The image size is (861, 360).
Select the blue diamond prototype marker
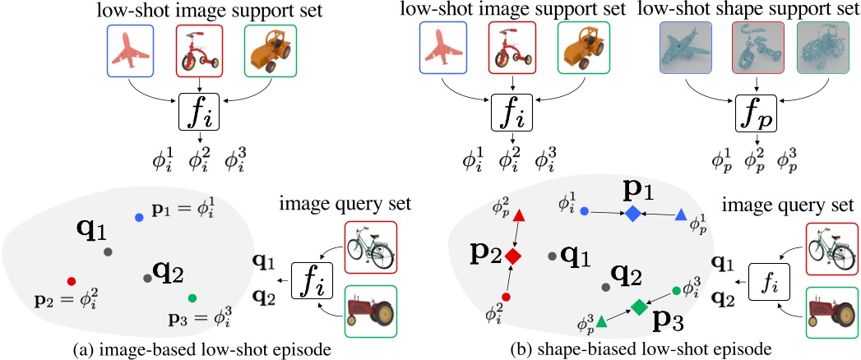(632, 213)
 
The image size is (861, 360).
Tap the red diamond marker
(512, 256)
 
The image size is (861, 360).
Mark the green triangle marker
(601, 320)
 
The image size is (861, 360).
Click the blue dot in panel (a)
(139, 217)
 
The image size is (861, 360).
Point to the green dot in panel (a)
(192, 298)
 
